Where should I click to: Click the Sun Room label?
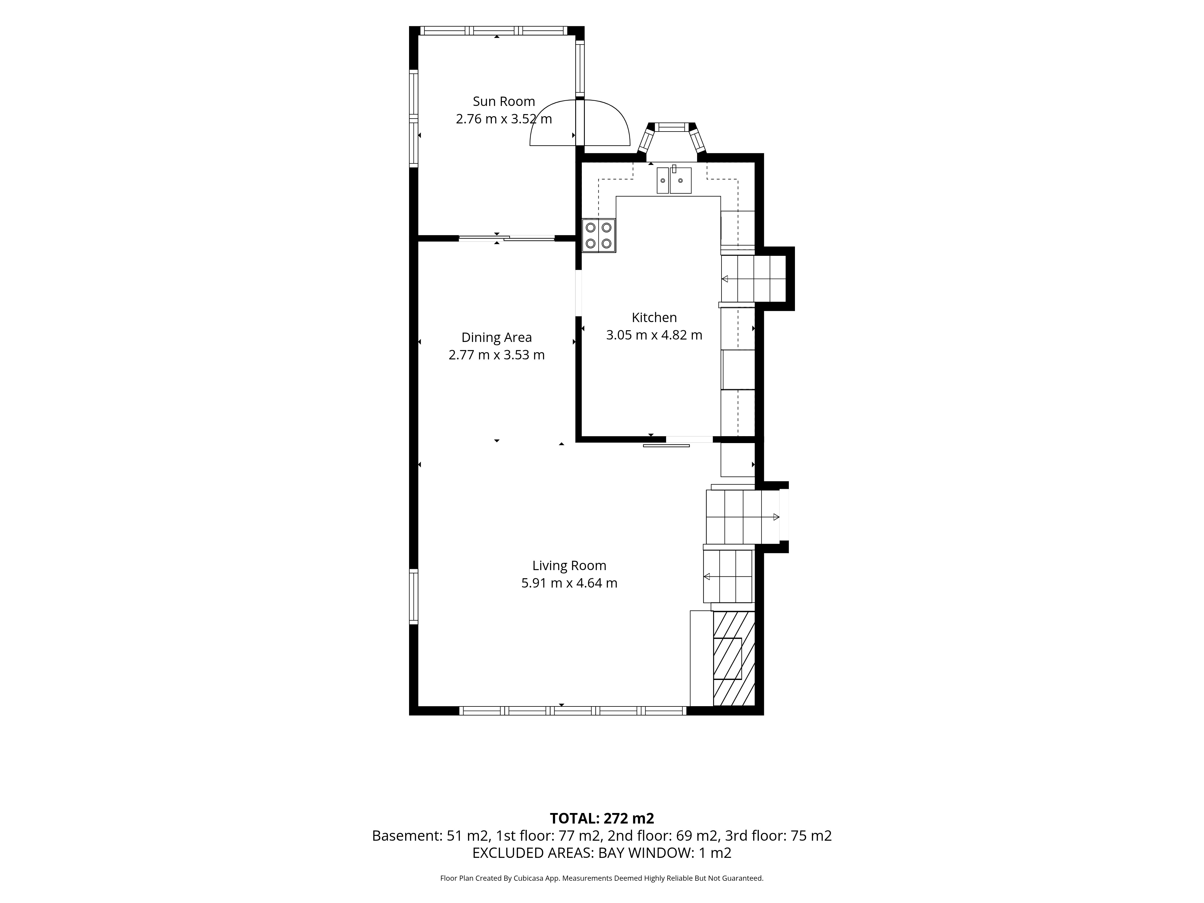pyautogui.click(x=504, y=101)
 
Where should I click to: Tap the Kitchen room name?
pyautogui.click(x=654, y=317)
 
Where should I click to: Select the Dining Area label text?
pyautogui.click(x=496, y=337)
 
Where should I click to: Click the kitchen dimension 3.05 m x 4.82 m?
pyautogui.click(x=654, y=335)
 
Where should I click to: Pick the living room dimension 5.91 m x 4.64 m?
pyautogui.click(x=569, y=583)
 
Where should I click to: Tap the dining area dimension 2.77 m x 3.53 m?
pyautogui.click(x=496, y=355)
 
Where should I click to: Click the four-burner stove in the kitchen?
pyautogui.click(x=599, y=235)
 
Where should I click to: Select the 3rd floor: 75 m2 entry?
pyautogui.click(x=778, y=836)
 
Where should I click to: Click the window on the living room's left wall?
pyautogui.click(x=414, y=597)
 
